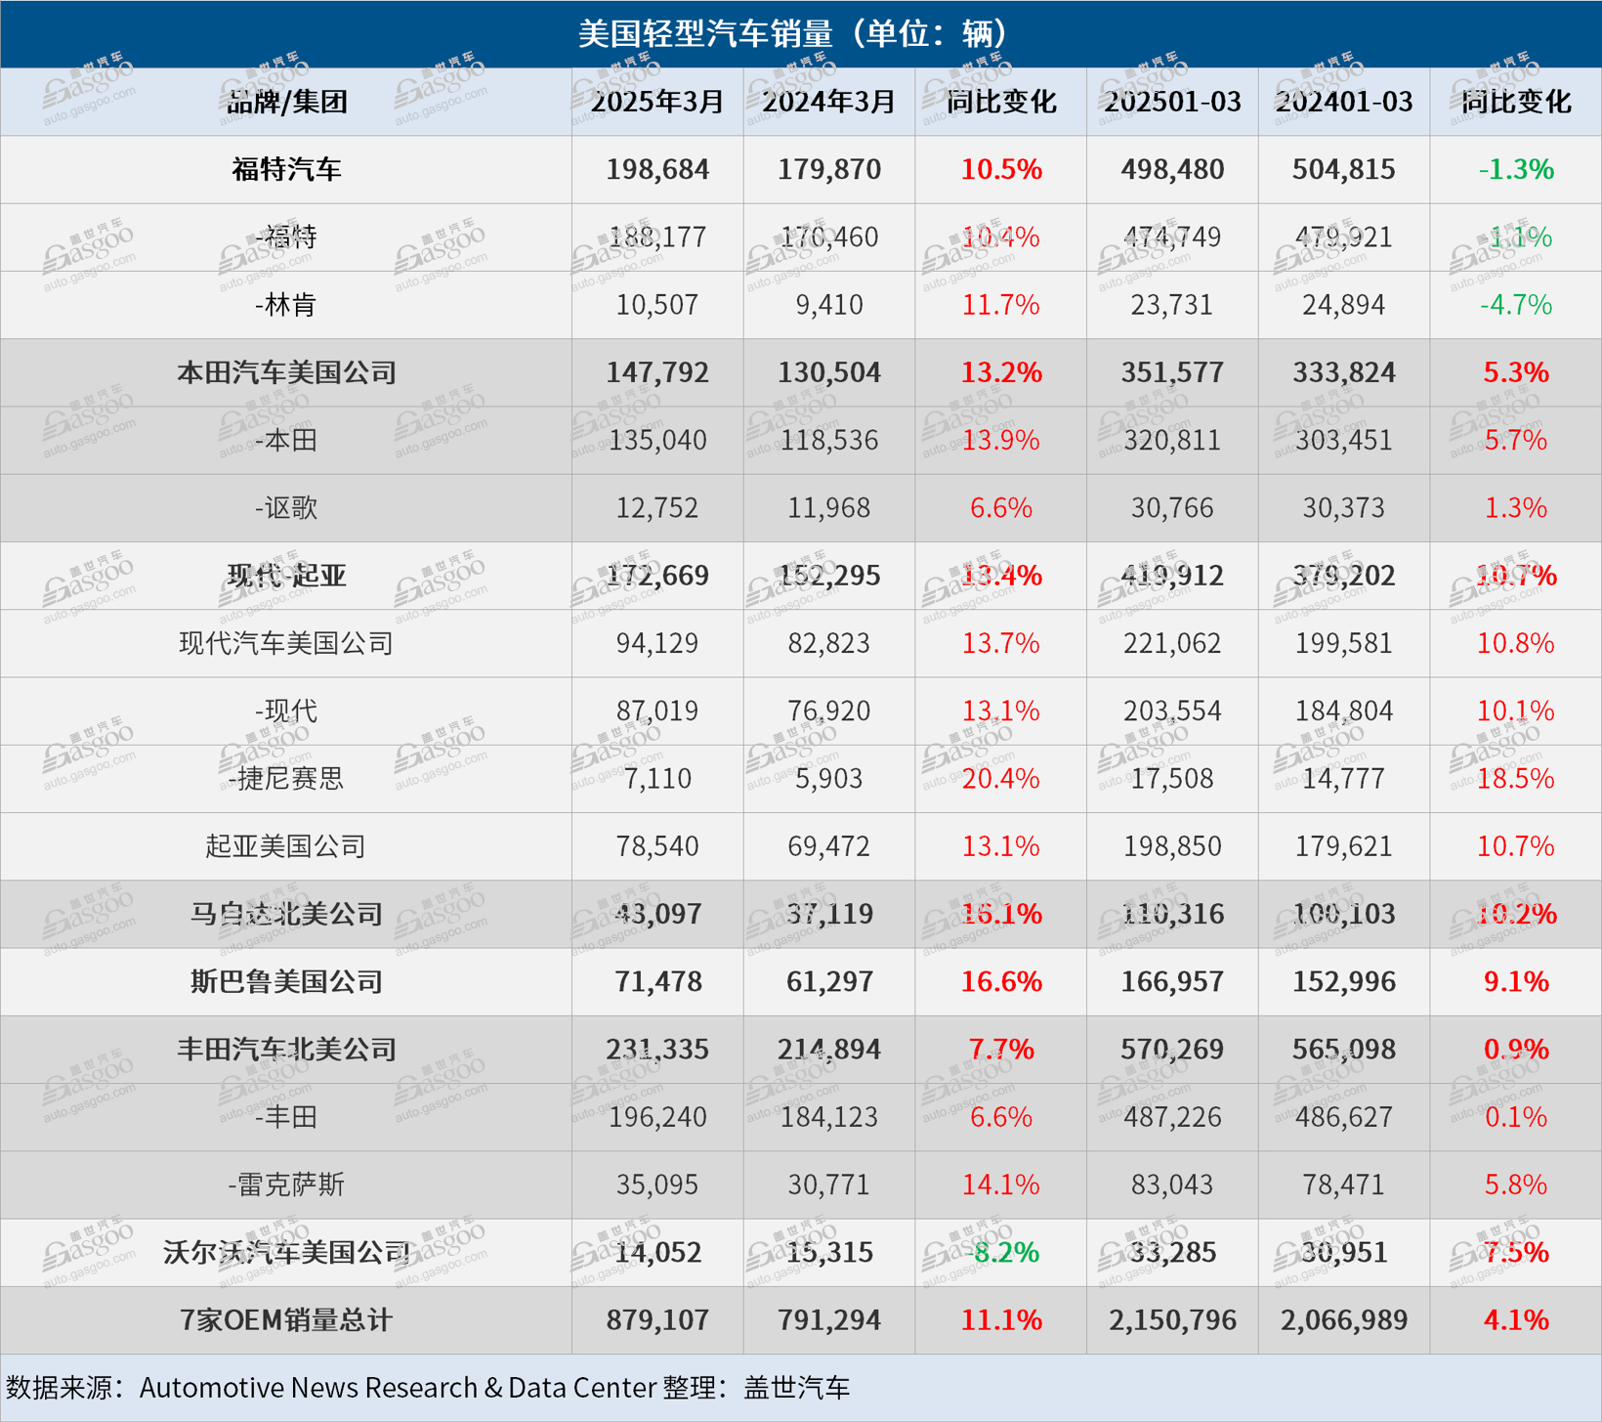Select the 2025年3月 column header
point(657,102)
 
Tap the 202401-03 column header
point(1343,102)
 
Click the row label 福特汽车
point(286,170)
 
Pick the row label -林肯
point(286,305)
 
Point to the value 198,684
point(657,170)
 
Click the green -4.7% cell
point(1515,305)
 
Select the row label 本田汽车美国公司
point(286,372)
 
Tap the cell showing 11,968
point(828,508)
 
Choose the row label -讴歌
point(286,508)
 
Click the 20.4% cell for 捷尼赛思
point(1000,779)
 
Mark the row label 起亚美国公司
point(286,846)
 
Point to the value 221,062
point(1172,643)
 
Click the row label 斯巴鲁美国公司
point(286,981)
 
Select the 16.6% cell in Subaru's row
point(1000,981)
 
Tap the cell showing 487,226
point(1172,1117)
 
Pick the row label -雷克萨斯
point(286,1185)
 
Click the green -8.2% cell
point(1000,1252)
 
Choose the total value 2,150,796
point(1172,1320)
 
